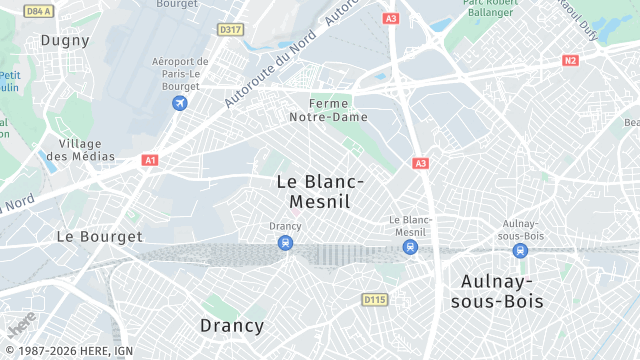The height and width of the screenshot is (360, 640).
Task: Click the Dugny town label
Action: tap(65, 41)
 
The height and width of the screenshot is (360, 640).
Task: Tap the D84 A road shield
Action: tap(39, 11)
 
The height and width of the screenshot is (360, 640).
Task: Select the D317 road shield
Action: tap(230, 30)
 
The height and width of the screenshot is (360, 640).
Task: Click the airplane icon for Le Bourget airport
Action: tap(180, 103)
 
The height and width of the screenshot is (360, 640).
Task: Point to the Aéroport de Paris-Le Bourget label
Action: tap(180, 73)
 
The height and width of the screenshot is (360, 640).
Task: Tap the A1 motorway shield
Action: tap(150, 160)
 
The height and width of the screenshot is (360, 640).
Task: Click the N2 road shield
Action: tap(570, 61)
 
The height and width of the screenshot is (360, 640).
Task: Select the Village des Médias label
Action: tap(80, 150)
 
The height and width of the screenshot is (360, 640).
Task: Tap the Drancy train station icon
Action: tap(286, 243)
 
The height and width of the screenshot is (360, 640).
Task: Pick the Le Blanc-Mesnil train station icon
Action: tap(410, 245)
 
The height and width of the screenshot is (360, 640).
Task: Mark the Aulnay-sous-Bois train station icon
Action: tap(519, 251)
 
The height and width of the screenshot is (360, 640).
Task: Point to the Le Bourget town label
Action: tap(99, 237)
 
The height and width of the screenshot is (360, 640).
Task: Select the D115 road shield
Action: tap(374, 299)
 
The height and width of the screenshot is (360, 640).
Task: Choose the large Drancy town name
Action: tap(232, 326)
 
